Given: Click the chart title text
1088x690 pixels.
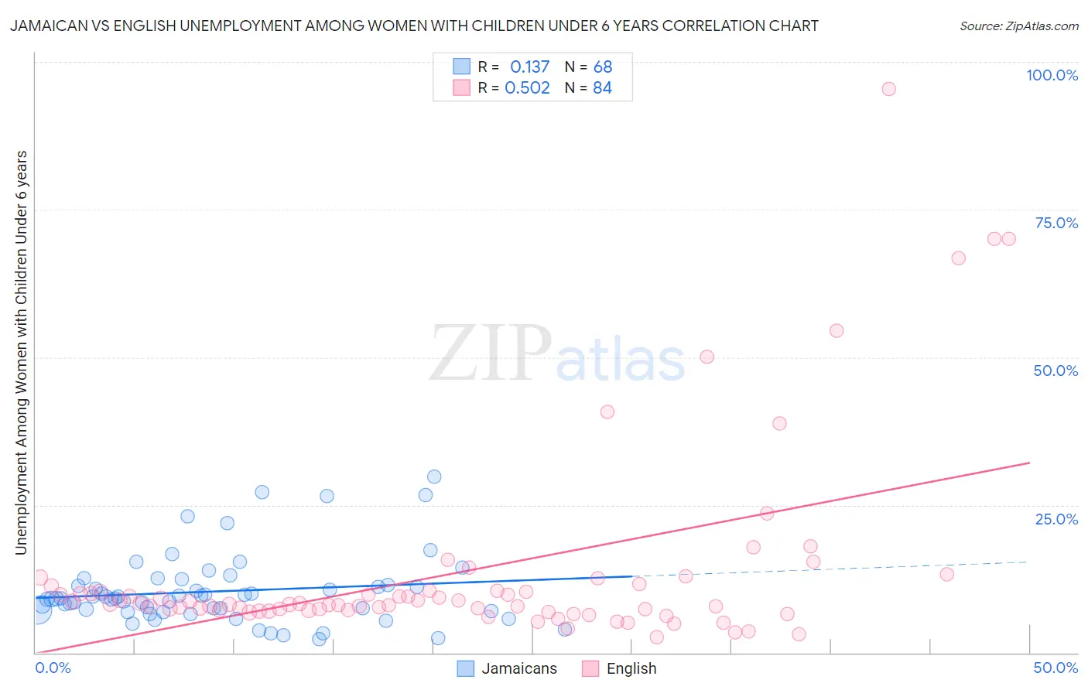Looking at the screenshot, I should tap(413, 26).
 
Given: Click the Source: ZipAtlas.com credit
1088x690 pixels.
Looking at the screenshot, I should tap(1018, 26).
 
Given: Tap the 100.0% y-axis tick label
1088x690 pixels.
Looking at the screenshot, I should tap(1052, 75).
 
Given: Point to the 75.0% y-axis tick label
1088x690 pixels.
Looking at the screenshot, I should tap(1055, 223).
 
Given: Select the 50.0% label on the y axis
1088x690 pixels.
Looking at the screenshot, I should tap(1055, 371).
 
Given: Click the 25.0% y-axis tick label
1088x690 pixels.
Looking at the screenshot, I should tap(1055, 518).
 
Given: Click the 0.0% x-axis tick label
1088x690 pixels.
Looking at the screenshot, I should tap(53, 668).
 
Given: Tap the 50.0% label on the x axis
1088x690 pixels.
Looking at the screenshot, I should tap(1055, 668).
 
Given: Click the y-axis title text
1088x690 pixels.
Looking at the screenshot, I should tap(21, 352).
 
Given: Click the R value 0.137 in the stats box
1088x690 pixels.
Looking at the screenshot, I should tap(529, 67).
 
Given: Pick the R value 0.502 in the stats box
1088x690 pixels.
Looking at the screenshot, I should tap(527, 88).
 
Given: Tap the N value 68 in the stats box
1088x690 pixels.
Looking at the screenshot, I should tap(602, 67).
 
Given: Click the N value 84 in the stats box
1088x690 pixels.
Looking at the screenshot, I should tap(602, 88).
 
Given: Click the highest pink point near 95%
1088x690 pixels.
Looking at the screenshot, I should tap(888, 89).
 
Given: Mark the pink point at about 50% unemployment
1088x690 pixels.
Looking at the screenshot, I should tap(707, 357).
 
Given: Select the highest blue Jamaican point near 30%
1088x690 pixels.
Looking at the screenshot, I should tap(434, 477).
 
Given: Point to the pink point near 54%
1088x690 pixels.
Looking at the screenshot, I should tap(836, 330).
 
